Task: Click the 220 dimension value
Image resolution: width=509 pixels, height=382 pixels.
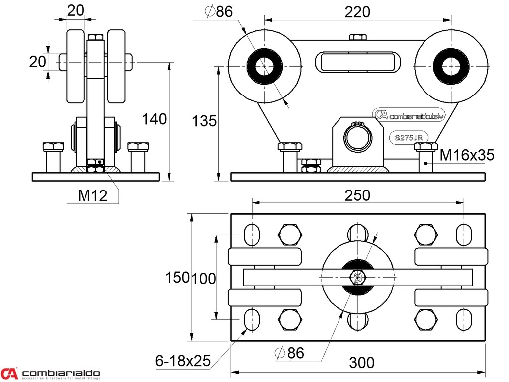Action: point(358,12)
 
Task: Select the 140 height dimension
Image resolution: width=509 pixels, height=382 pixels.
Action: point(154,119)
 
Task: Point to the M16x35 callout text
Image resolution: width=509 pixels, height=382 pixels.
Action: point(467,155)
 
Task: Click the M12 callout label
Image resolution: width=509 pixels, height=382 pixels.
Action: point(92,196)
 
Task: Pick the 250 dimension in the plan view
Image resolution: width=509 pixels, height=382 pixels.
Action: point(358,195)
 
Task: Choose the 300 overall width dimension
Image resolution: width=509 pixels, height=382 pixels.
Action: point(361,363)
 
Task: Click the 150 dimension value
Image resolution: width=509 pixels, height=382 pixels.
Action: point(177,278)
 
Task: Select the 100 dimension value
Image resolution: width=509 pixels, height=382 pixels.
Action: point(204,278)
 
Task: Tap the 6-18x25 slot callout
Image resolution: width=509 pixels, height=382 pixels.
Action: point(182,359)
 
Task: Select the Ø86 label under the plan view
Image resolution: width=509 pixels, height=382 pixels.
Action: point(289,353)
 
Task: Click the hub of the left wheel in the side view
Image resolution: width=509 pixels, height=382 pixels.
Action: point(265,66)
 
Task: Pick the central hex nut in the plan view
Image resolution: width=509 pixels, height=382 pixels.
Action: point(357,277)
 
